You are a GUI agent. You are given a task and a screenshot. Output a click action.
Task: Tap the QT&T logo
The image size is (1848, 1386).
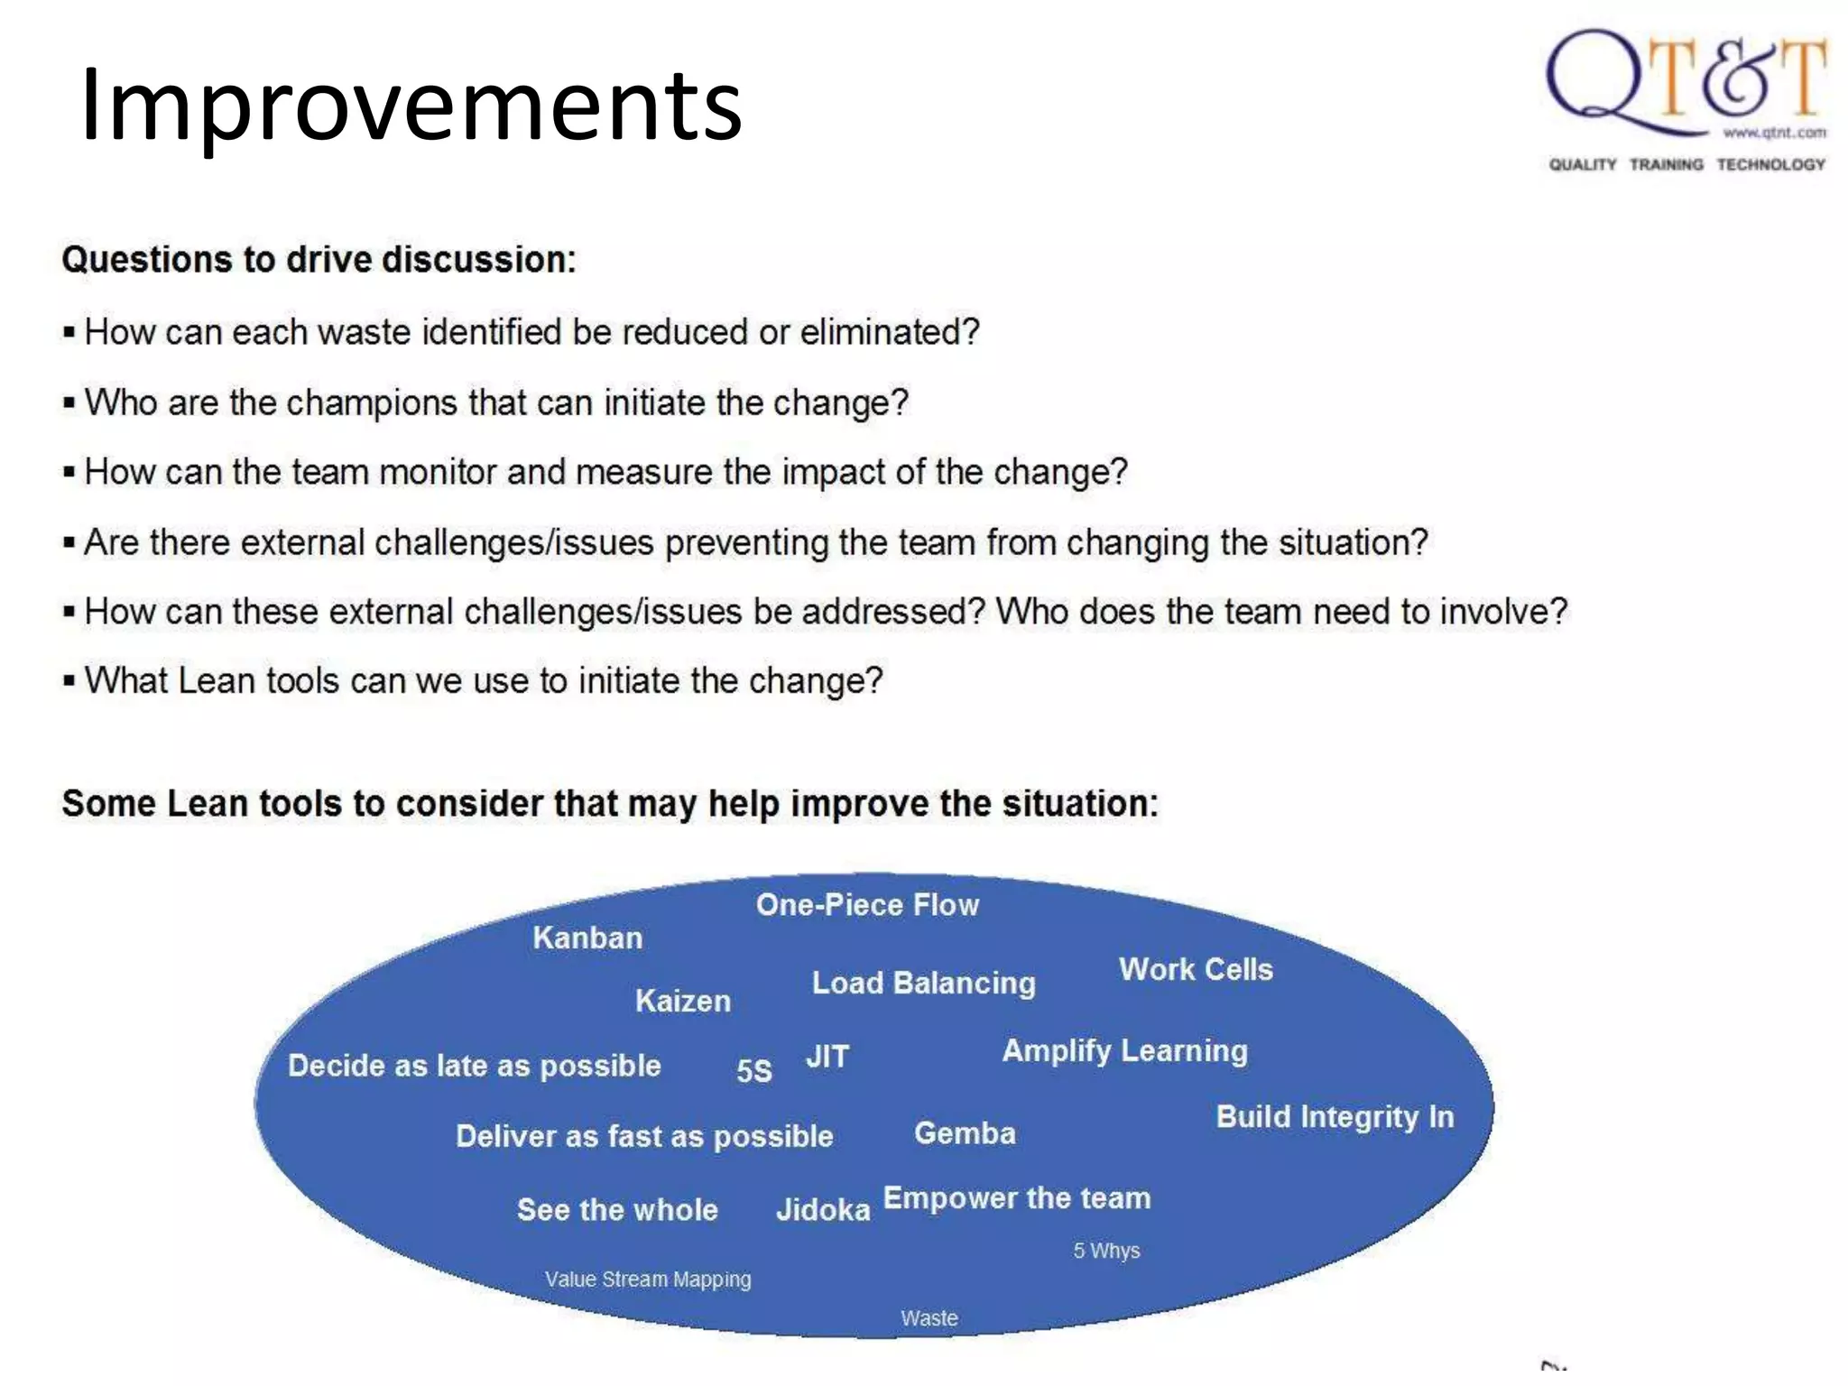pyautogui.click(x=1686, y=86)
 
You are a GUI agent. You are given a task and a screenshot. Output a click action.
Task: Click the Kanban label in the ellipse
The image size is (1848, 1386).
pyautogui.click(x=587, y=938)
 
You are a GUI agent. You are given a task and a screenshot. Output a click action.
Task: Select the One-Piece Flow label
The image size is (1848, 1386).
pyautogui.click(x=867, y=905)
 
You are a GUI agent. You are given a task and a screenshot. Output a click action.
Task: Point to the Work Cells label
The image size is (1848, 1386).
pyautogui.click(x=1196, y=969)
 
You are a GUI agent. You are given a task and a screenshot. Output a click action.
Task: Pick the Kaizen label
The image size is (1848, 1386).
pyautogui.click(x=683, y=1001)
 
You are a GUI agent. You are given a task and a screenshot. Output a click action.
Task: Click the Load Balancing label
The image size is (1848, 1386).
pyautogui.click(x=923, y=983)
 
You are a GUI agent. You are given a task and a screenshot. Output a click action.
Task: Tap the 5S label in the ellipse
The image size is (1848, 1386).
pyautogui.click(x=754, y=1070)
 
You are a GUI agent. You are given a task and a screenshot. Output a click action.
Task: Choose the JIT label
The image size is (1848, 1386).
pyautogui.click(x=827, y=1056)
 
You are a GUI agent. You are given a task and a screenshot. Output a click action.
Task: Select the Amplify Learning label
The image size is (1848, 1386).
pyautogui.click(x=1125, y=1050)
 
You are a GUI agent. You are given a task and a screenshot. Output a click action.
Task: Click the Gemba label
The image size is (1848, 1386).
pyautogui.click(x=965, y=1132)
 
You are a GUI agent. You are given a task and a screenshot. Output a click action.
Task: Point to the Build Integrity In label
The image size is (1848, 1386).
pyautogui.click(x=1335, y=1117)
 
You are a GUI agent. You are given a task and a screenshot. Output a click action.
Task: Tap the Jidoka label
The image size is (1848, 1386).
pyautogui.click(x=823, y=1209)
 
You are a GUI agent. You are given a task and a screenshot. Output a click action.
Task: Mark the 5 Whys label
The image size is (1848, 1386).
pyautogui.click(x=1106, y=1251)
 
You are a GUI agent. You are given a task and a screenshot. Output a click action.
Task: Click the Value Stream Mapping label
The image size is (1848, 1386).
pyautogui.click(x=648, y=1280)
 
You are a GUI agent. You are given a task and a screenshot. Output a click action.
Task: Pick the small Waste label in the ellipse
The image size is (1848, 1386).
pyautogui.click(x=929, y=1318)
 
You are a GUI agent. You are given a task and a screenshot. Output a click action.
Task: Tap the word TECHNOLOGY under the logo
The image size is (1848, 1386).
pyautogui.click(x=1770, y=164)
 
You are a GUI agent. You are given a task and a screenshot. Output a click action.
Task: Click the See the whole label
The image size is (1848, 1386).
pyautogui.click(x=617, y=1209)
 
